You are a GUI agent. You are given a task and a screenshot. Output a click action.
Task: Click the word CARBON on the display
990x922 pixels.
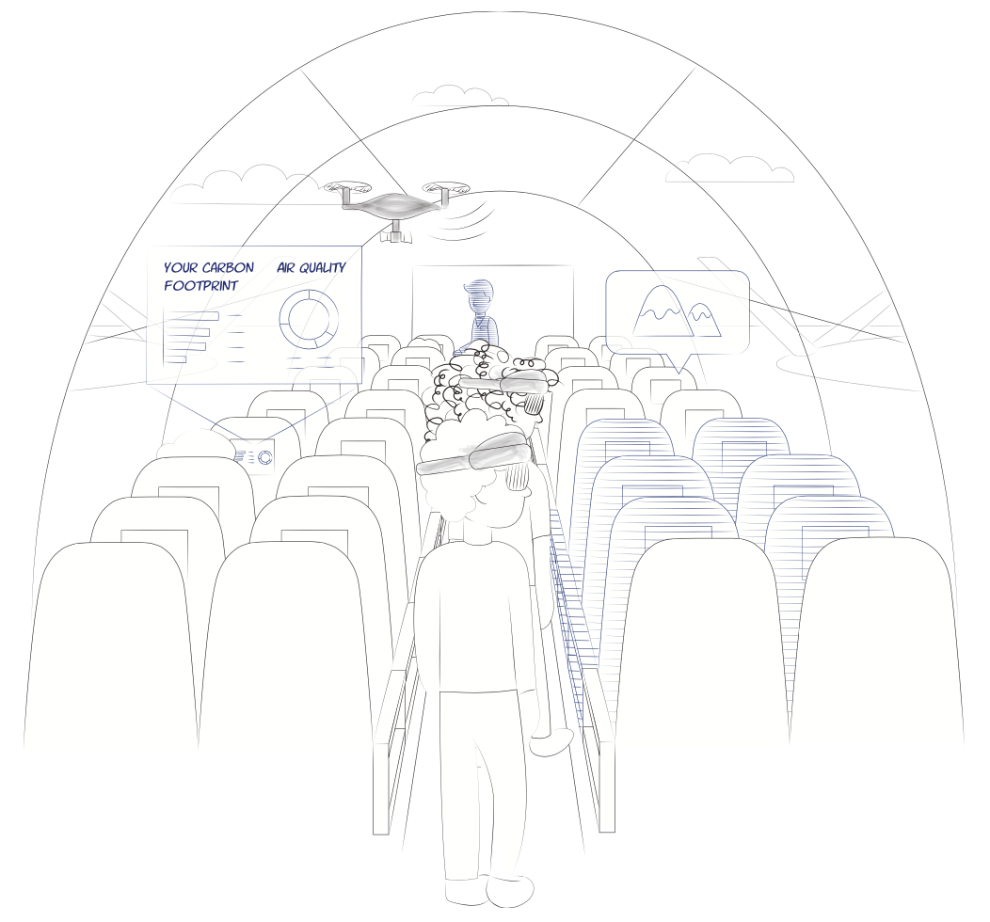(x=228, y=267)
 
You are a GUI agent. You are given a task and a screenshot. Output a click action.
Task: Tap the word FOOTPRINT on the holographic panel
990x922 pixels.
(x=200, y=286)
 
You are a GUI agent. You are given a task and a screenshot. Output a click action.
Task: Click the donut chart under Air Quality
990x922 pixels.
(x=309, y=319)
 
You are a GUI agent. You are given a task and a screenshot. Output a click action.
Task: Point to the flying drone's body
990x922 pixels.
(x=395, y=204)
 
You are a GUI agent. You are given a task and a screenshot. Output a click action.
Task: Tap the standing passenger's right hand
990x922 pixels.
(x=551, y=742)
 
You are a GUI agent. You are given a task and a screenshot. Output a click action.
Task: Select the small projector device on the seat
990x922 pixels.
(x=254, y=456)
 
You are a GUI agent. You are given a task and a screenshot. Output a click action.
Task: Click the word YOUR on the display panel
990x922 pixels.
(x=182, y=267)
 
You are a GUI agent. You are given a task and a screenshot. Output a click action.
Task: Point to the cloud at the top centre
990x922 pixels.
(x=461, y=97)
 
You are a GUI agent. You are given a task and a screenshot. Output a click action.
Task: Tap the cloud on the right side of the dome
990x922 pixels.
(x=730, y=167)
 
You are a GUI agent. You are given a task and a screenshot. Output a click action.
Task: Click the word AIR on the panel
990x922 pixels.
(x=286, y=267)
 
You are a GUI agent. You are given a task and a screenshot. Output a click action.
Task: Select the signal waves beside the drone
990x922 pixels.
(x=464, y=219)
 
